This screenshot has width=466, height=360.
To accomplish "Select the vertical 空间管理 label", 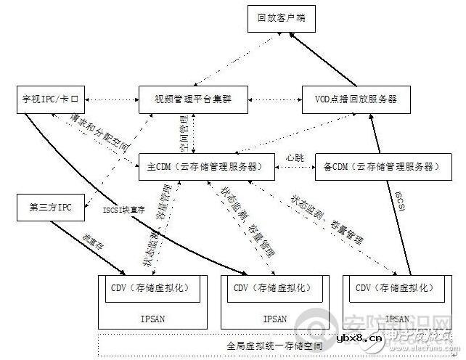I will click(x=184, y=133).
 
